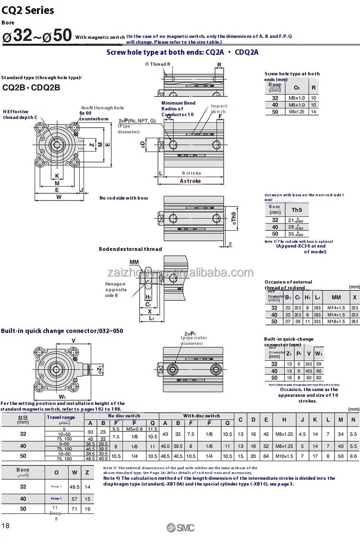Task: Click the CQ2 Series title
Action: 28,10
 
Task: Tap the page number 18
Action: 6,526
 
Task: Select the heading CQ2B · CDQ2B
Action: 31,87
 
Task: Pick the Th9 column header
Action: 297,210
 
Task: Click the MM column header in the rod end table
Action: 336,297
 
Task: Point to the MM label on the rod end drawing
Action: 134,262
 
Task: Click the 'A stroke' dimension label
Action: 191,181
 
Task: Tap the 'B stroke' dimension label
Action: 191,173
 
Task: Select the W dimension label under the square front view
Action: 58,197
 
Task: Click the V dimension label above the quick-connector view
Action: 73,341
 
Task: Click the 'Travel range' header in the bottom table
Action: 60,417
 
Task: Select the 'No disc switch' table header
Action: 124,415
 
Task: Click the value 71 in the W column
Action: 74,508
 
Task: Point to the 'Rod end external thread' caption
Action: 131,249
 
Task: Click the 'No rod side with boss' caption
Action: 123,198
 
